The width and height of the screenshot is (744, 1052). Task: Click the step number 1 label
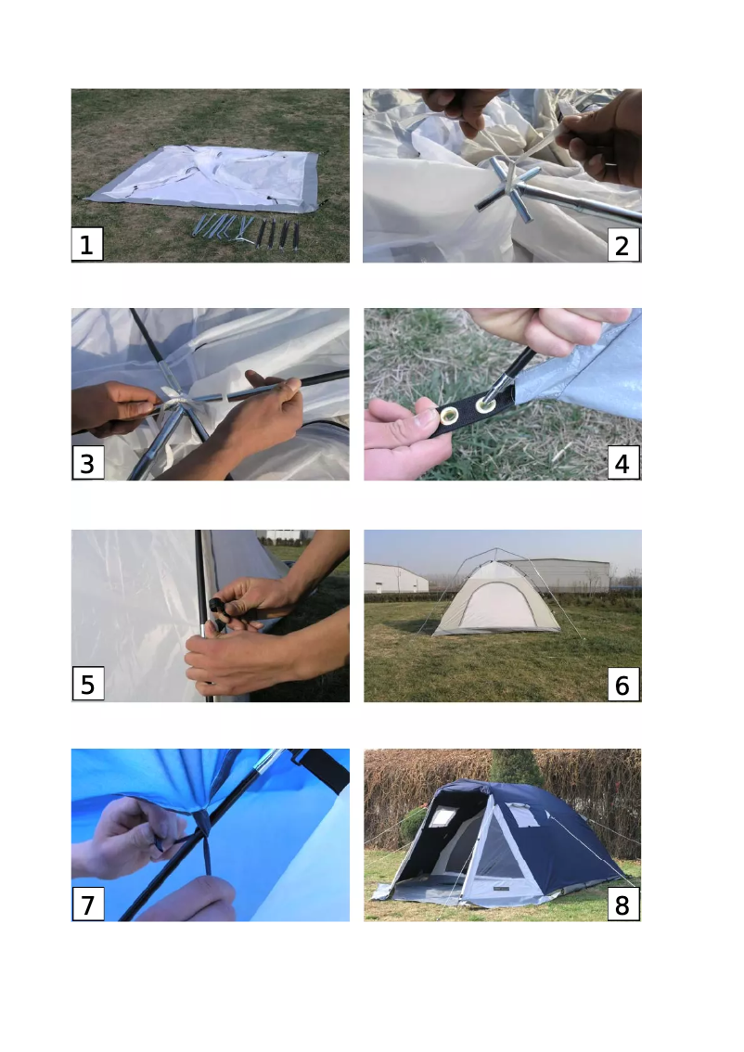(x=87, y=244)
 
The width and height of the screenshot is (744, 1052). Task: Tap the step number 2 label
(x=622, y=245)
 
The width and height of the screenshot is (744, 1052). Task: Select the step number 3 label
(x=88, y=463)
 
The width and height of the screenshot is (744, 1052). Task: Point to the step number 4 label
(x=622, y=463)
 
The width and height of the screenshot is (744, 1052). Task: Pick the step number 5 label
(x=88, y=684)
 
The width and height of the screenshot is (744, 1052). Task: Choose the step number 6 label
(x=622, y=685)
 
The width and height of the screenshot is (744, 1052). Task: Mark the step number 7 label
(x=88, y=904)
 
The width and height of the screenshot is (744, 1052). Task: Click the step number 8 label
(x=622, y=904)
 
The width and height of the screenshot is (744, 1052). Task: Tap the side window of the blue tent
(x=527, y=815)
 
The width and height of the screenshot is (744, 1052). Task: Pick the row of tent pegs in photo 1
(x=246, y=231)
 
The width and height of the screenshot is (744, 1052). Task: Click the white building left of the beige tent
(x=396, y=578)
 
